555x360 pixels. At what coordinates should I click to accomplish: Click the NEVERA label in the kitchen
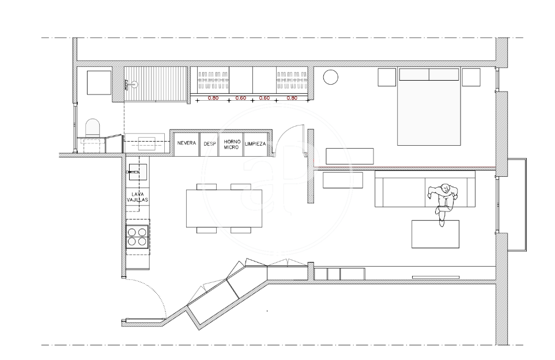point(187,143)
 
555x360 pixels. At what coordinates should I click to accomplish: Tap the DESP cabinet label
point(210,144)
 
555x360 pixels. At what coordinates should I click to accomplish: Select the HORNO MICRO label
point(232,144)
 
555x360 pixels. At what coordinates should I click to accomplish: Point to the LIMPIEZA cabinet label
point(255,144)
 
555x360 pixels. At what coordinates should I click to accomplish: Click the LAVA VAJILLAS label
point(137,197)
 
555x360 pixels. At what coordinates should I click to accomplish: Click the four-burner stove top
point(137,237)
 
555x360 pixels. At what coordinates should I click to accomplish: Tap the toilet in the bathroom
point(93,128)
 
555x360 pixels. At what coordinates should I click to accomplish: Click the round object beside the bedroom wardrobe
point(331,77)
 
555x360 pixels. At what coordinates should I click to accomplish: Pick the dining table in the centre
point(224,209)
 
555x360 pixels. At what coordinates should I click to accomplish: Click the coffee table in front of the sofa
point(435,234)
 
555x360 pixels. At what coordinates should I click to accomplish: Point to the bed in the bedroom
point(429,106)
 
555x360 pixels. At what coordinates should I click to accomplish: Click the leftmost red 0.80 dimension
point(213,98)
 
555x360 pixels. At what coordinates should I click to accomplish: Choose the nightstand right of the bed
point(471,77)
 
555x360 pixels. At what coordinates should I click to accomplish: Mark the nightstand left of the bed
point(387,77)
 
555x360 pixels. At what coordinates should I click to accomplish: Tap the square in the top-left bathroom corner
point(99,82)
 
